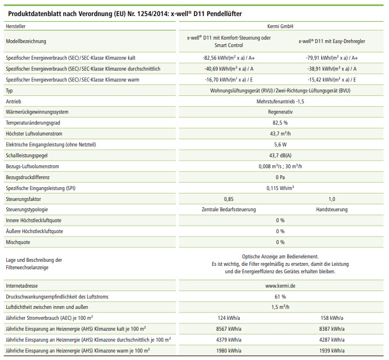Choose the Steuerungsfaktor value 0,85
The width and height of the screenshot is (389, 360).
pyautogui.click(x=229, y=199)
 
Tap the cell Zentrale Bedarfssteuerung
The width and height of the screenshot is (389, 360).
pyautogui.click(x=229, y=210)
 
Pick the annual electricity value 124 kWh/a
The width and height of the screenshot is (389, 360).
pyautogui.click(x=229, y=318)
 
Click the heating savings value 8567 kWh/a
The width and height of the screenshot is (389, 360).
pyautogui.click(x=229, y=328)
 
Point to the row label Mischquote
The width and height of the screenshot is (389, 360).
pyautogui.click(x=18, y=242)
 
